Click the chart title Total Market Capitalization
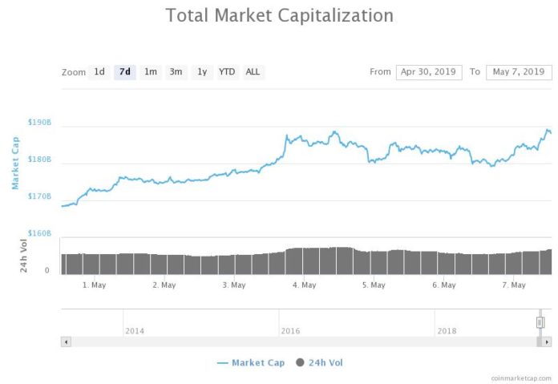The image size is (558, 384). click(279, 15)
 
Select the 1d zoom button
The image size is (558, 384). click(99, 72)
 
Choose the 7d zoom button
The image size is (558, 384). click(125, 72)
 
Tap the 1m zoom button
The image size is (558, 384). click(150, 72)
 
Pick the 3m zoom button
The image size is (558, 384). click(176, 72)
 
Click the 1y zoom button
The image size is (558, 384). click(202, 72)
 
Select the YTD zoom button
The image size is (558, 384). click(228, 72)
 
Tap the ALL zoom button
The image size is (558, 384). click(253, 72)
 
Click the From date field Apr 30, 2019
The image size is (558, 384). click(428, 72)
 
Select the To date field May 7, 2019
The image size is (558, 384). click(520, 72)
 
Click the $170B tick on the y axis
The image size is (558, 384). click(39, 196)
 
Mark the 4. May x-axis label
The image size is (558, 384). click(304, 285)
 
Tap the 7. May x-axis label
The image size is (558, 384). click(513, 285)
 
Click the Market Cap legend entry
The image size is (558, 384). click(251, 363)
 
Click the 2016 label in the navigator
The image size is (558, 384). click(290, 330)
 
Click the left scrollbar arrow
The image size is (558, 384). click(66, 342)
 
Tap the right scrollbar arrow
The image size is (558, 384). click(547, 342)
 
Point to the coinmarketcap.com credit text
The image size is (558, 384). click(522, 377)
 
